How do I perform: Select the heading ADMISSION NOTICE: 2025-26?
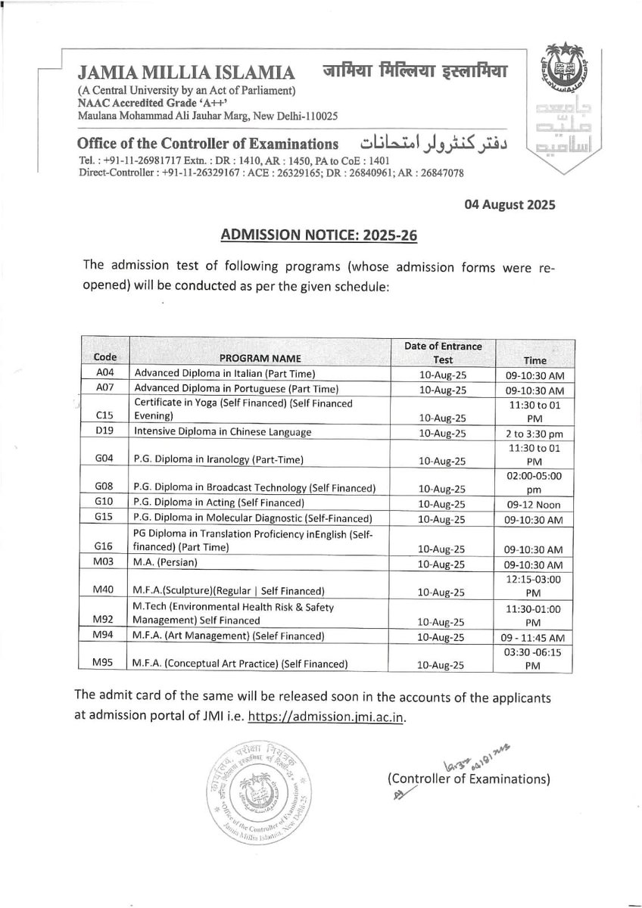319,235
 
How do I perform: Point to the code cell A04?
104,374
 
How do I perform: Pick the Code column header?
104,359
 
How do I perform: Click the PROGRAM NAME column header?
260,359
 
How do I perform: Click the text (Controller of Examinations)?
469,777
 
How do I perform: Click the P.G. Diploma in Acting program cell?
220,503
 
